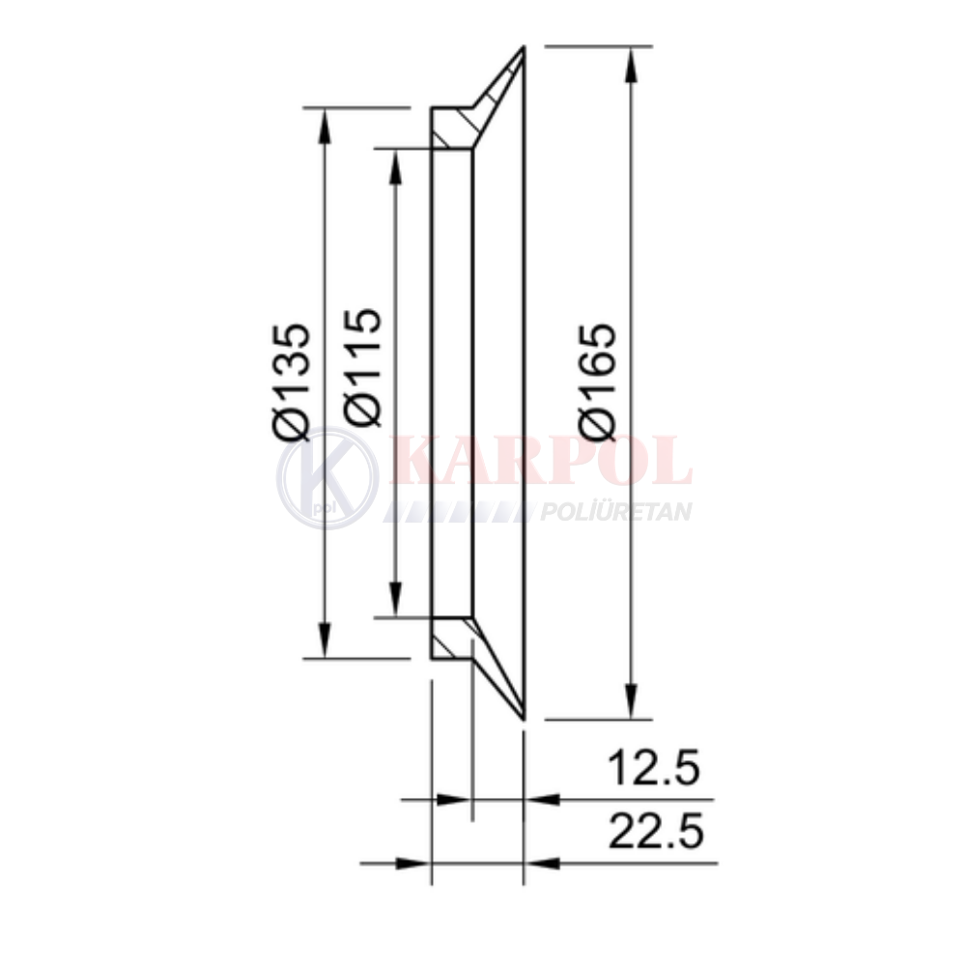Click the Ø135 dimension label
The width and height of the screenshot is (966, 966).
[290, 382]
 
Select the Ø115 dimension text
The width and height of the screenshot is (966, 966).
[363, 368]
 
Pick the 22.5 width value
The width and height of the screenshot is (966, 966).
[655, 831]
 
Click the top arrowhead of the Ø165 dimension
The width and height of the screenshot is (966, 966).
[631, 64]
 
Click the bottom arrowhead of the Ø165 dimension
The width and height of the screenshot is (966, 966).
[631, 701]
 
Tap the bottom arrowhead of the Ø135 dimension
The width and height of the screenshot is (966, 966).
[325, 640]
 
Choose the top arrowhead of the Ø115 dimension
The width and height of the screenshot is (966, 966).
[396, 166]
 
